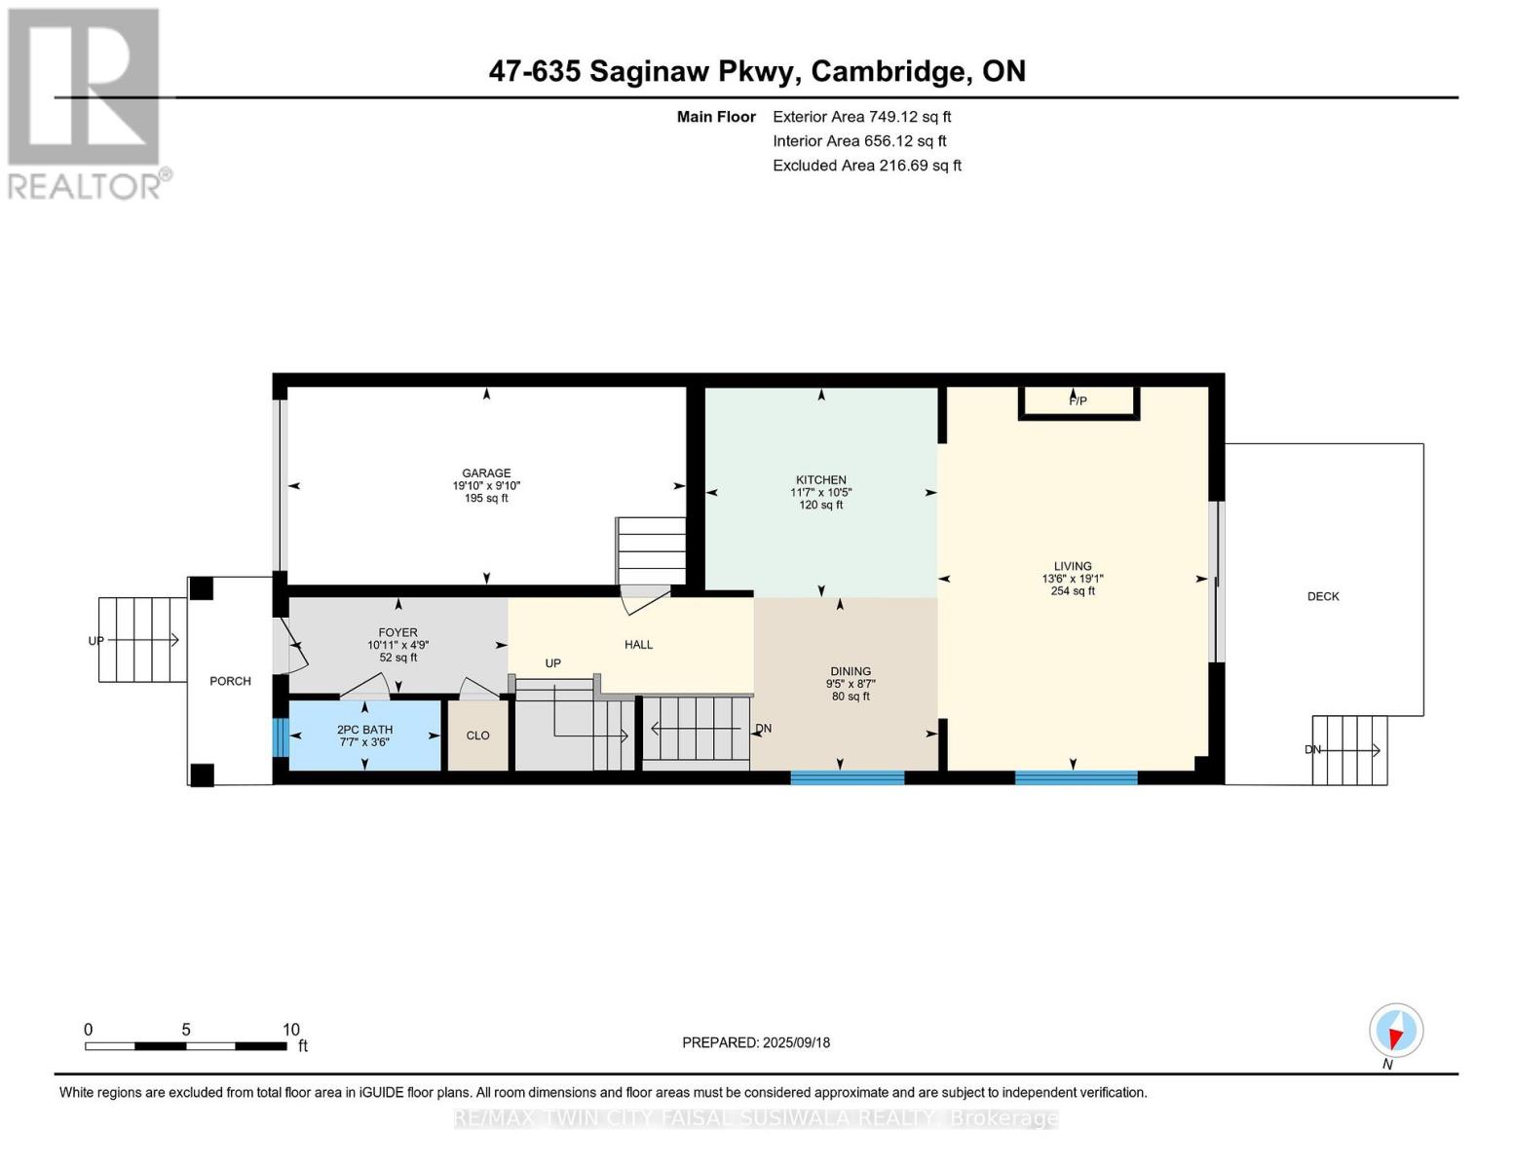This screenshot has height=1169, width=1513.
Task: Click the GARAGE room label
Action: coord(486,472)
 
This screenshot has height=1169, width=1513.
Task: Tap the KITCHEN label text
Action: coord(821,479)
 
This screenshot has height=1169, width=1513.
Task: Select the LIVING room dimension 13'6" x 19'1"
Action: coord(1073,579)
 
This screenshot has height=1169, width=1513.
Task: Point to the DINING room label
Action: coord(851,671)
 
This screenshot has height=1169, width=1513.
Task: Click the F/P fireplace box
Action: coord(1078,403)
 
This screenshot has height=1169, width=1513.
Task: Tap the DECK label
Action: coord(1323,596)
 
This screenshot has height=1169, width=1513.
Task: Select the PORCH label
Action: coord(231,681)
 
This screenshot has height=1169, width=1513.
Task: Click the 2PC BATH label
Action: coord(364,730)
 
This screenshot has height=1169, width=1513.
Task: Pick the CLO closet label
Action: coord(477,735)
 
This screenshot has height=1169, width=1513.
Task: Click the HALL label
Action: coord(638,645)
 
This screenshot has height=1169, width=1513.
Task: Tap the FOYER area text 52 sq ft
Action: coord(398,658)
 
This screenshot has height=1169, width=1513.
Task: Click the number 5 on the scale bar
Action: coord(186,1030)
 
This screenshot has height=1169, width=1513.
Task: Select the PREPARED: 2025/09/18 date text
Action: coord(756,1042)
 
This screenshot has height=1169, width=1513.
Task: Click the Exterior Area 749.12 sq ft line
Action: coord(862,117)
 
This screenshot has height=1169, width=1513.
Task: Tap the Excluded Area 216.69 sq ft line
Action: coord(867,166)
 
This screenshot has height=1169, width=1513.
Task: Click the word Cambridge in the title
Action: coord(892,72)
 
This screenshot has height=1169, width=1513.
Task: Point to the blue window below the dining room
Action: coord(848,777)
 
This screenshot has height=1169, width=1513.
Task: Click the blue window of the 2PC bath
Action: coord(280,737)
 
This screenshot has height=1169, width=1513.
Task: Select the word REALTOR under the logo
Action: coord(84,187)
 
